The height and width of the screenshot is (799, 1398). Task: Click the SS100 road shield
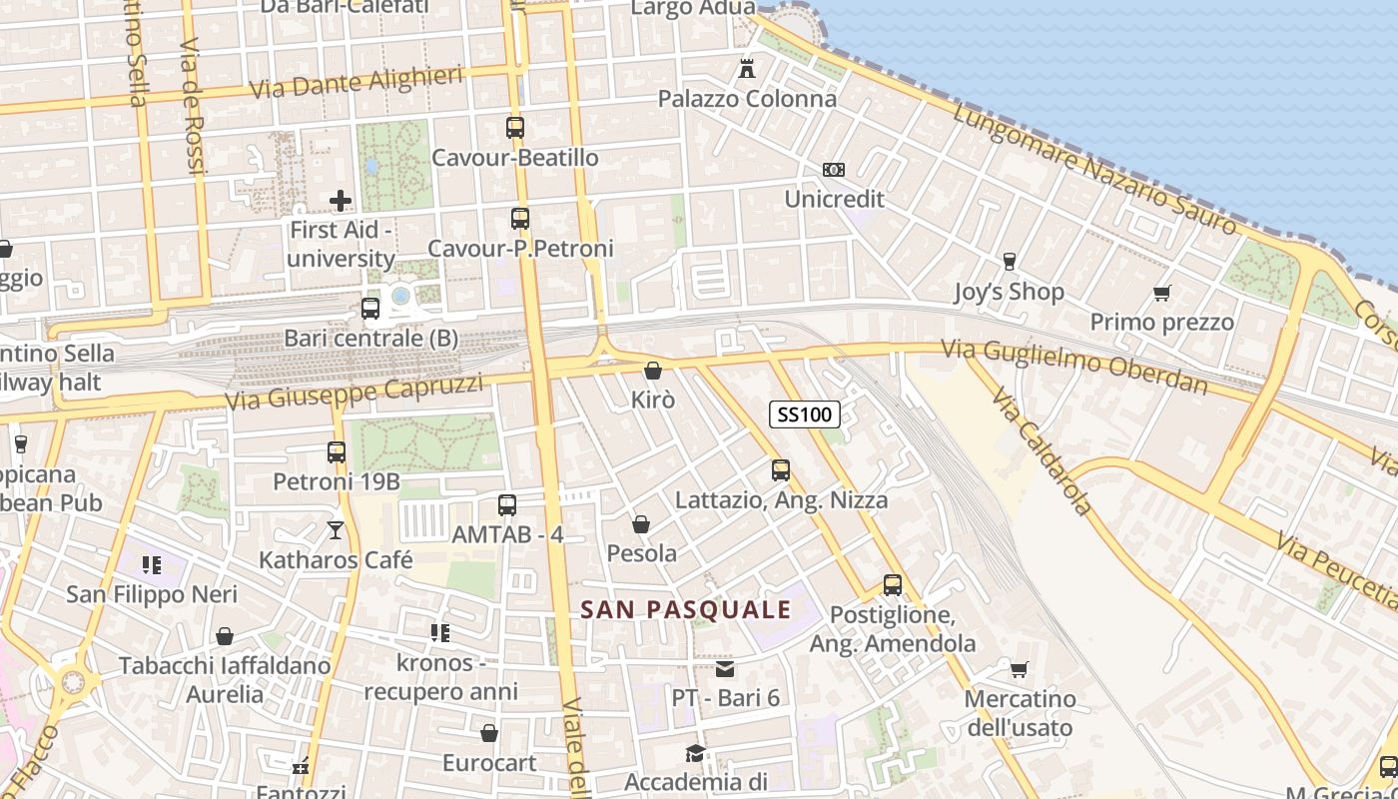click(804, 413)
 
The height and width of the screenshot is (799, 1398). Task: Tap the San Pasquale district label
click(685, 609)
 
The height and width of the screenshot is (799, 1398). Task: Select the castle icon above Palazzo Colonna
click(746, 69)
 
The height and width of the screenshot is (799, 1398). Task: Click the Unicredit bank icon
click(833, 170)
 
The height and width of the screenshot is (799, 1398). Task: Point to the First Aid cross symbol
click(341, 201)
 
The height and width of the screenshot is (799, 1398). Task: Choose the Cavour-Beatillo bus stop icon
click(515, 128)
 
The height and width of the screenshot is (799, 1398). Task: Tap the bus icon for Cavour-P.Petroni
click(519, 218)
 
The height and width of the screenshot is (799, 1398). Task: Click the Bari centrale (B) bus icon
click(370, 309)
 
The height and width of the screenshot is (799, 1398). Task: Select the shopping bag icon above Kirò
click(653, 371)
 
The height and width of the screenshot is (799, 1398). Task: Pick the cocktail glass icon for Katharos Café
click(336, 530)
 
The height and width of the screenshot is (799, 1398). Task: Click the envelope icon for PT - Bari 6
click(725, 668)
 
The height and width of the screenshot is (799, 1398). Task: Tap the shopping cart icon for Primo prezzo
click(1161, 293)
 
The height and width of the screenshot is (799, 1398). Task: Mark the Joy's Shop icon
click(1009, 262)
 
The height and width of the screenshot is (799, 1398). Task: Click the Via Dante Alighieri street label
click(355, 82)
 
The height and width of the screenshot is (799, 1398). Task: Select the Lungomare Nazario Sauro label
click(1094, 168)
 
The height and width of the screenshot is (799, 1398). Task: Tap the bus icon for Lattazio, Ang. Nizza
click(781, 469)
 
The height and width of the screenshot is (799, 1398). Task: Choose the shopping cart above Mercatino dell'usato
click(1019, 669)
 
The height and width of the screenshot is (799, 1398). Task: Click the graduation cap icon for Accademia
click(695, 752)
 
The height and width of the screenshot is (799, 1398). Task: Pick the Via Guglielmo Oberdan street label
click(1073, 366)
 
